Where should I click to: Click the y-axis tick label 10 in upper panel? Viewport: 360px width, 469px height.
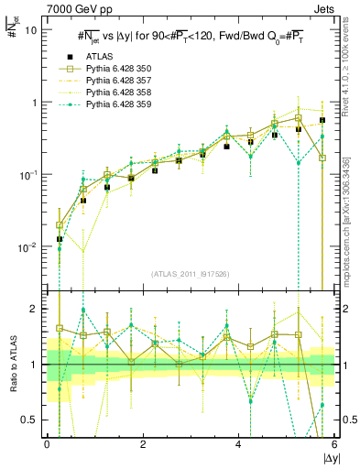[x=31, y=30]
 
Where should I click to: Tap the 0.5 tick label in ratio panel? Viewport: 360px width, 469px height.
[x=32, y=420]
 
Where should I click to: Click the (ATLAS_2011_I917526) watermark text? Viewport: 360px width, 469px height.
[x=191, y=274]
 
